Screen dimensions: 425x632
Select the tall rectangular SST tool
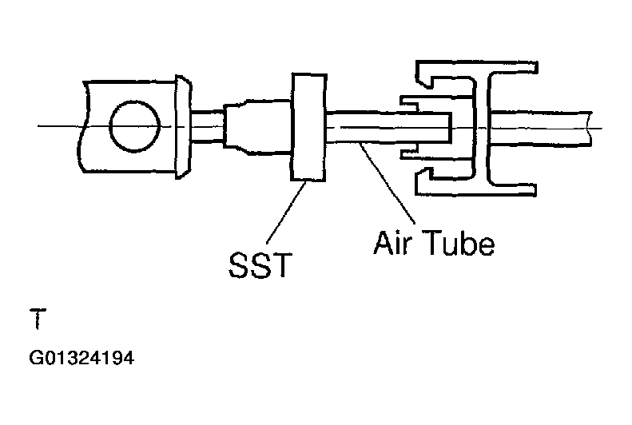[308, 128]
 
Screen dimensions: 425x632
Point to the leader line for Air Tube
[388, 184]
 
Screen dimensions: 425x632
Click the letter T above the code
[36, 320]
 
